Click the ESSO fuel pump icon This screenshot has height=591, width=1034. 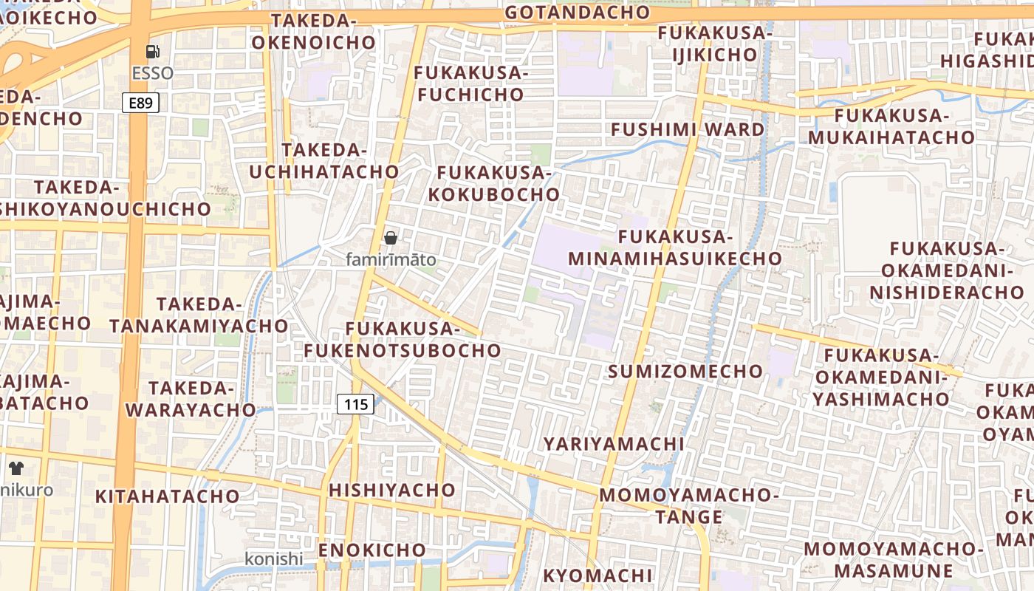(153, 52)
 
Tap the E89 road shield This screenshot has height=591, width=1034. (140, 103)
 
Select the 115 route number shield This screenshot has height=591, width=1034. (355, 404)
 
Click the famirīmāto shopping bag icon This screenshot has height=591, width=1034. (391, 238)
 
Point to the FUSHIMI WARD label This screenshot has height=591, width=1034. (688, 129)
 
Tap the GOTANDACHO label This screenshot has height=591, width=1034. (578, 13)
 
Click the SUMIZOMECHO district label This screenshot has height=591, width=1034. (685, 371)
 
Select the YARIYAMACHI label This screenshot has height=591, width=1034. (614, 443)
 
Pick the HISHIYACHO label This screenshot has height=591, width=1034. (392, 490)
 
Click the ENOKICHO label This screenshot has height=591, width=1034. (372, 550)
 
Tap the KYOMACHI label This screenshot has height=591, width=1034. (598, 575)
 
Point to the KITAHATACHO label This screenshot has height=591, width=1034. (168, 496)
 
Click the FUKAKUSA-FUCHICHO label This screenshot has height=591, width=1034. (469, 83)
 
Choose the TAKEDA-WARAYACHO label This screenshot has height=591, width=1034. (191, 398)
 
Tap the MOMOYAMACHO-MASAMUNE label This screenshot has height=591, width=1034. (894, 559)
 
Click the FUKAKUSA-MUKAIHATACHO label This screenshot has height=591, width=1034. (891, 126)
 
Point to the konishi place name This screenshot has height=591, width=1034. (274, 559)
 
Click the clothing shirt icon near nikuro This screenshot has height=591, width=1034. (16, 468)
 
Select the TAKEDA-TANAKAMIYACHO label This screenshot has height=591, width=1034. (199, 315)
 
